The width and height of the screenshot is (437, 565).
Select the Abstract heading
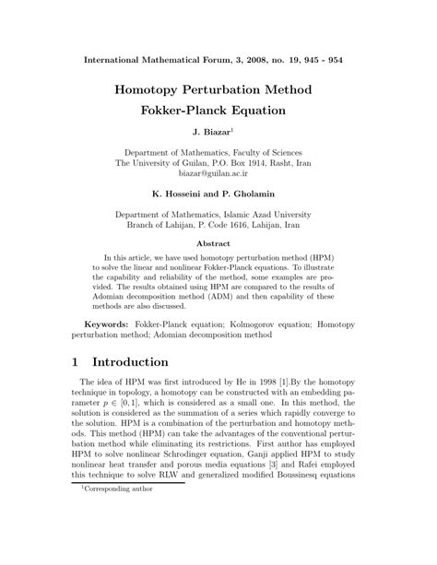[218, 244]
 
